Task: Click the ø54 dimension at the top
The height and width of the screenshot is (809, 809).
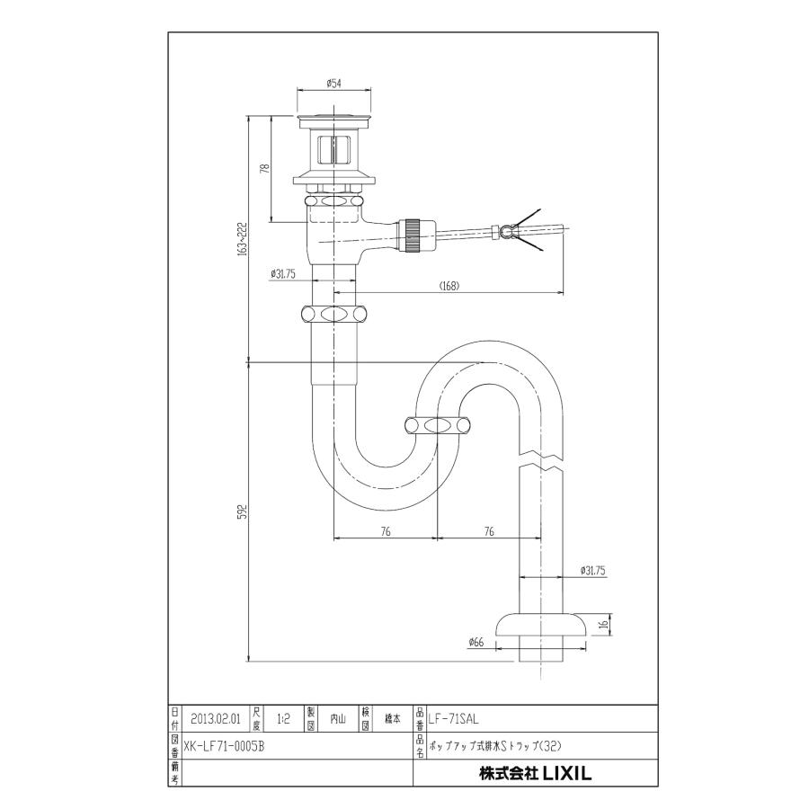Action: (x=333, y=84)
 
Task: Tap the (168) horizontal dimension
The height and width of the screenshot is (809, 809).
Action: (x=450, y=286)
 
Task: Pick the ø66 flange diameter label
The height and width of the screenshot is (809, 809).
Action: (x=476, y=642)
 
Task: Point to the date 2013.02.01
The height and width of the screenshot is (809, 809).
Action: (x=215, y=719)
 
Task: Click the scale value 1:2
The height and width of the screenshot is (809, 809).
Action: (x=284, y=719)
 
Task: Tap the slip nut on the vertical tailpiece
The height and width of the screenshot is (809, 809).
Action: (x=333, y=316)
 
